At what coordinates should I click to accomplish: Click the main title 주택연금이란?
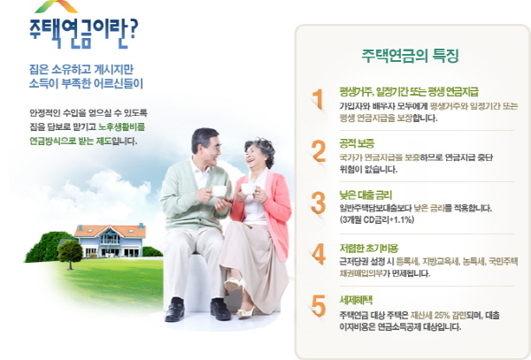pos(84,32)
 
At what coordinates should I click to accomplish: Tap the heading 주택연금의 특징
pos(410,56)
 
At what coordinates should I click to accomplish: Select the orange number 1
pos(318,99)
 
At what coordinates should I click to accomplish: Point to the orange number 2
pos(319,151)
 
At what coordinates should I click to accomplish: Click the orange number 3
pos(319,203)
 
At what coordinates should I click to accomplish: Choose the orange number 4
pos(319,254)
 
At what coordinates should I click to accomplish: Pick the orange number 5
pos(319,306)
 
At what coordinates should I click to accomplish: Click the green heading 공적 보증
pos(357,143)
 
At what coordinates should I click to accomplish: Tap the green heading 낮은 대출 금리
pos(366,195)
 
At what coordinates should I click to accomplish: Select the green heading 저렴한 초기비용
pos(369,249)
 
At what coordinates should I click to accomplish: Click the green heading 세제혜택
pos(356,300)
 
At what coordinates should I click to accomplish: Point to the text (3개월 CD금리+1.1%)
pos(377,220)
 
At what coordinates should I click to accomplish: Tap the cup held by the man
pos(219,191)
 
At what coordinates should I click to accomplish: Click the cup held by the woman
pos(248,188)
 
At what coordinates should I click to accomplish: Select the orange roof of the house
pos(110,231)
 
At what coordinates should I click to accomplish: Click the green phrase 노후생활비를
pos(121,126)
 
